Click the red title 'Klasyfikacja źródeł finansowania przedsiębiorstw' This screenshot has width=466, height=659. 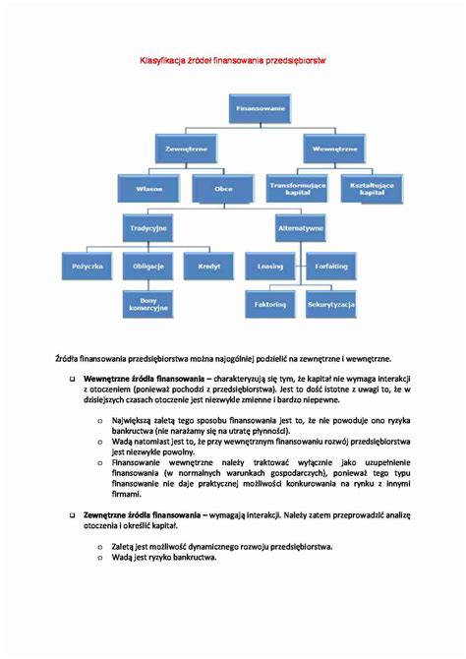232,61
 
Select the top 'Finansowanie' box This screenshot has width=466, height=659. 261,107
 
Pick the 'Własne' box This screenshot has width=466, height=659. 148,187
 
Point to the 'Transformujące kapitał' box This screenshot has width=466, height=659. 298,187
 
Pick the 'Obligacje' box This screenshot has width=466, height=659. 148,267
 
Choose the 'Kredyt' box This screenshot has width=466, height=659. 210,267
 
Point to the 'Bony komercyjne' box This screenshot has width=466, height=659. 148,305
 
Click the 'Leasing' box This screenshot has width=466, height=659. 269,267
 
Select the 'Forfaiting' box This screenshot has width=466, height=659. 332,267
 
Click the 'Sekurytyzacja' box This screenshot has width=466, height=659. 332,305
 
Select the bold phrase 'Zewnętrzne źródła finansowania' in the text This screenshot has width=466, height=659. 142,514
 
